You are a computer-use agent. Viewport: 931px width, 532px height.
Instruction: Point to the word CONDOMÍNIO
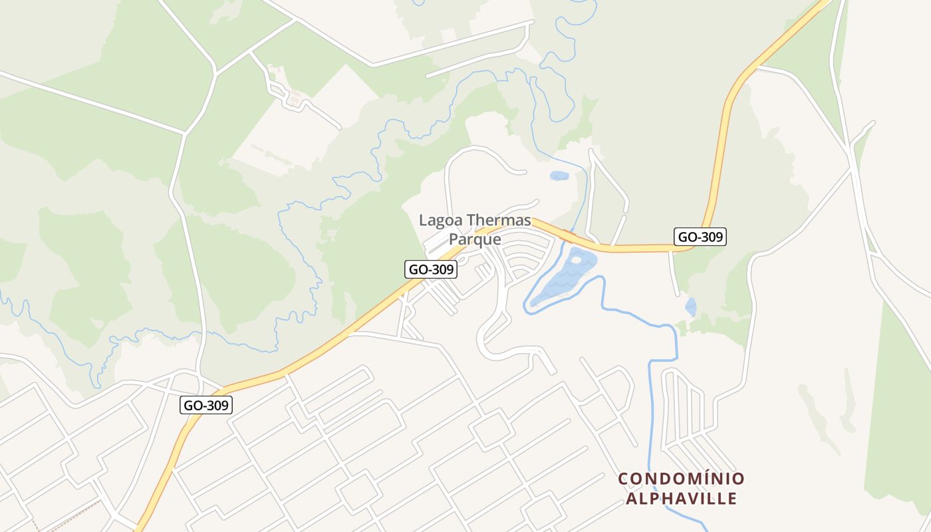tap(681, 479)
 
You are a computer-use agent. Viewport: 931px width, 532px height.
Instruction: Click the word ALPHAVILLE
tap(681, 498)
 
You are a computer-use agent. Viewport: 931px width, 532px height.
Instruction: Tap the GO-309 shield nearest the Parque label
tap(431, 269)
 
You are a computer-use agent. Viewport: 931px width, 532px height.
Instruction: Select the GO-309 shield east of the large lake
tap(700, 236)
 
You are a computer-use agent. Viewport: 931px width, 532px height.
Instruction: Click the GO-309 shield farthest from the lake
tap(206, 405)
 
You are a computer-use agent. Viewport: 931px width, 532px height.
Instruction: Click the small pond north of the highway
tap(559, 176)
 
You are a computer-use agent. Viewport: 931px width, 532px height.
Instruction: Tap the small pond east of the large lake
tap(691, 307)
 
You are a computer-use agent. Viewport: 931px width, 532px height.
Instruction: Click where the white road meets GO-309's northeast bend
tap(756, 66)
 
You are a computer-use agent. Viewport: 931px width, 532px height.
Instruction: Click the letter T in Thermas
tap(473, 220)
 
